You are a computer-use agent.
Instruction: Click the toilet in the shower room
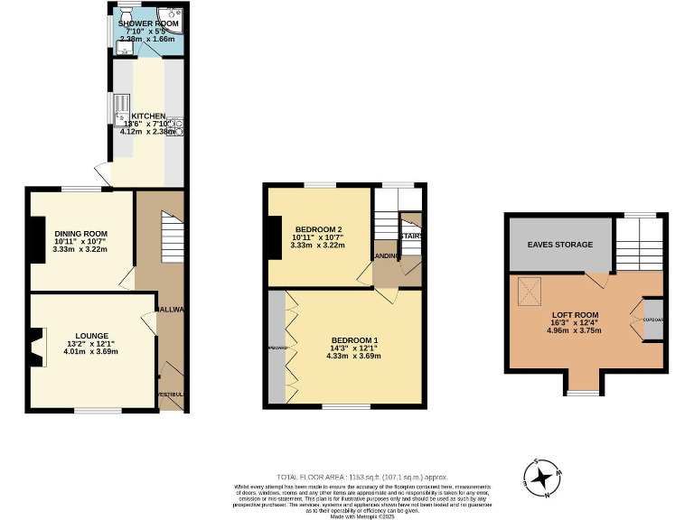tap(123, 13)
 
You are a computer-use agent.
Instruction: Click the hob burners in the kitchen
tap(177, 126)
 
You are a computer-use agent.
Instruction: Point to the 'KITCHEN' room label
tap(148, 116)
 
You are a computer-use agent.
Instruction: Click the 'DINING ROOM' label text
tap(80, 234)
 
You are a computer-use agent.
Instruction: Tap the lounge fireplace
tap(35, 348)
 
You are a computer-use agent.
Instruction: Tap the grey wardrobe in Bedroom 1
tap(275, 348)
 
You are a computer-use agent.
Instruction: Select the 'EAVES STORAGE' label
tap(561, 245)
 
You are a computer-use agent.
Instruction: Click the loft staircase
tap(641, 244)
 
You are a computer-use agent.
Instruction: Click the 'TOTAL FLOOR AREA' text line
tap(361, 477)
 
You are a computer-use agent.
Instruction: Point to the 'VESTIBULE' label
tap(171, 395)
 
